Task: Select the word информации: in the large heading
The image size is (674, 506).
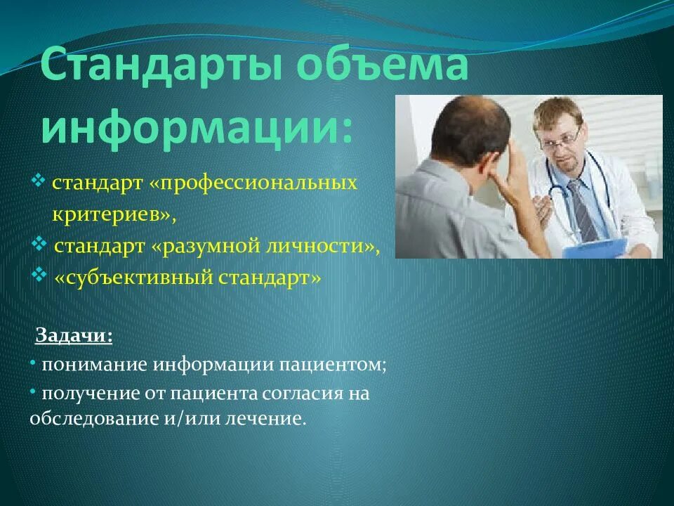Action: tap(197, 125)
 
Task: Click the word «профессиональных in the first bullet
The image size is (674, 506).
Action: tap(253, 183)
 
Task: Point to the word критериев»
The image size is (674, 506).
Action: tap(114, 214)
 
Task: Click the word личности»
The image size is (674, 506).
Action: tap(322, 246)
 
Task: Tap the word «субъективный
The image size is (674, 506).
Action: tap(133, 278)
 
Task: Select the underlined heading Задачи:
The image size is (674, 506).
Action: tap(74, 335)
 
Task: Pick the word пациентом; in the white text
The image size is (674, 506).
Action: tap(333, 365)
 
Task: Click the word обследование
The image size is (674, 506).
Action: tap(94, 417)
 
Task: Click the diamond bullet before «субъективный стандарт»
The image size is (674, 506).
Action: tap(39, 274)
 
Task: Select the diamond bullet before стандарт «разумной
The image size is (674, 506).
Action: tap(39, 243)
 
